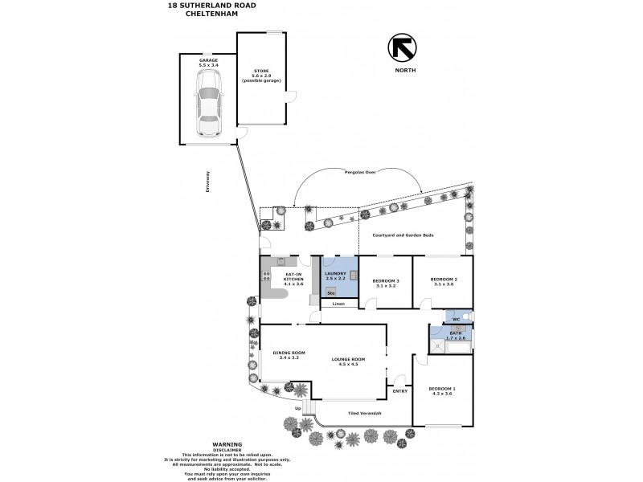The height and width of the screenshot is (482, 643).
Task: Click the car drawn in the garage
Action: (208, 104)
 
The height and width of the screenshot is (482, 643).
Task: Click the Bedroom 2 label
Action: (442, 280)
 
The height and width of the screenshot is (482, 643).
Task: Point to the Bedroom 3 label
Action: (386, 280)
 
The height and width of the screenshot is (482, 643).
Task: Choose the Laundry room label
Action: (334, 274)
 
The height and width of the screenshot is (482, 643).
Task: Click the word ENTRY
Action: (399, 391)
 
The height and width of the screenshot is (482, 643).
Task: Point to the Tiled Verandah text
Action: (364, 414)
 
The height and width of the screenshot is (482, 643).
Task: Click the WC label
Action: (455, 320)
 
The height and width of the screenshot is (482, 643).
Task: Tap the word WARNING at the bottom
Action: (227, 443)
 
